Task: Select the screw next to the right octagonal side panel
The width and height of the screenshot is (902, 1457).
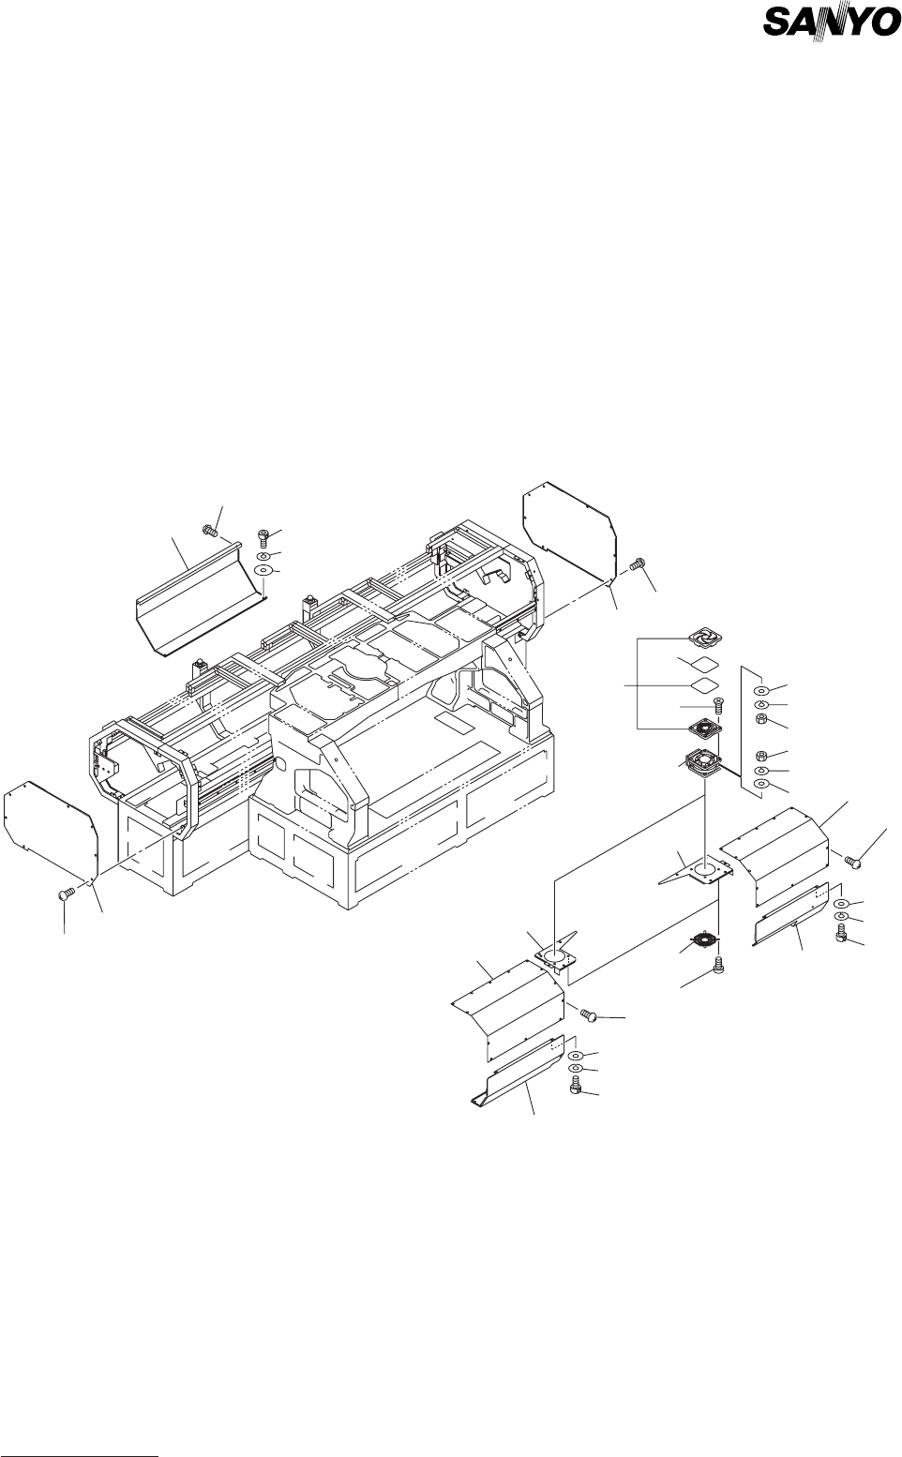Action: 639,564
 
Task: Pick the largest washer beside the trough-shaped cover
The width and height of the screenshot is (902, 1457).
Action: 263,570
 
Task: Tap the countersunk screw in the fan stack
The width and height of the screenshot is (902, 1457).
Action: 717,704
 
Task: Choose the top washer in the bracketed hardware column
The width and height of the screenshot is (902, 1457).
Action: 761,687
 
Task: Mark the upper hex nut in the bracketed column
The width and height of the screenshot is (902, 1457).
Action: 761,719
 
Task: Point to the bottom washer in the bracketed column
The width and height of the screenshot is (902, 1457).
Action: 761,784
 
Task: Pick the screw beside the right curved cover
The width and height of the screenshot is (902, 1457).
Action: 853,859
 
